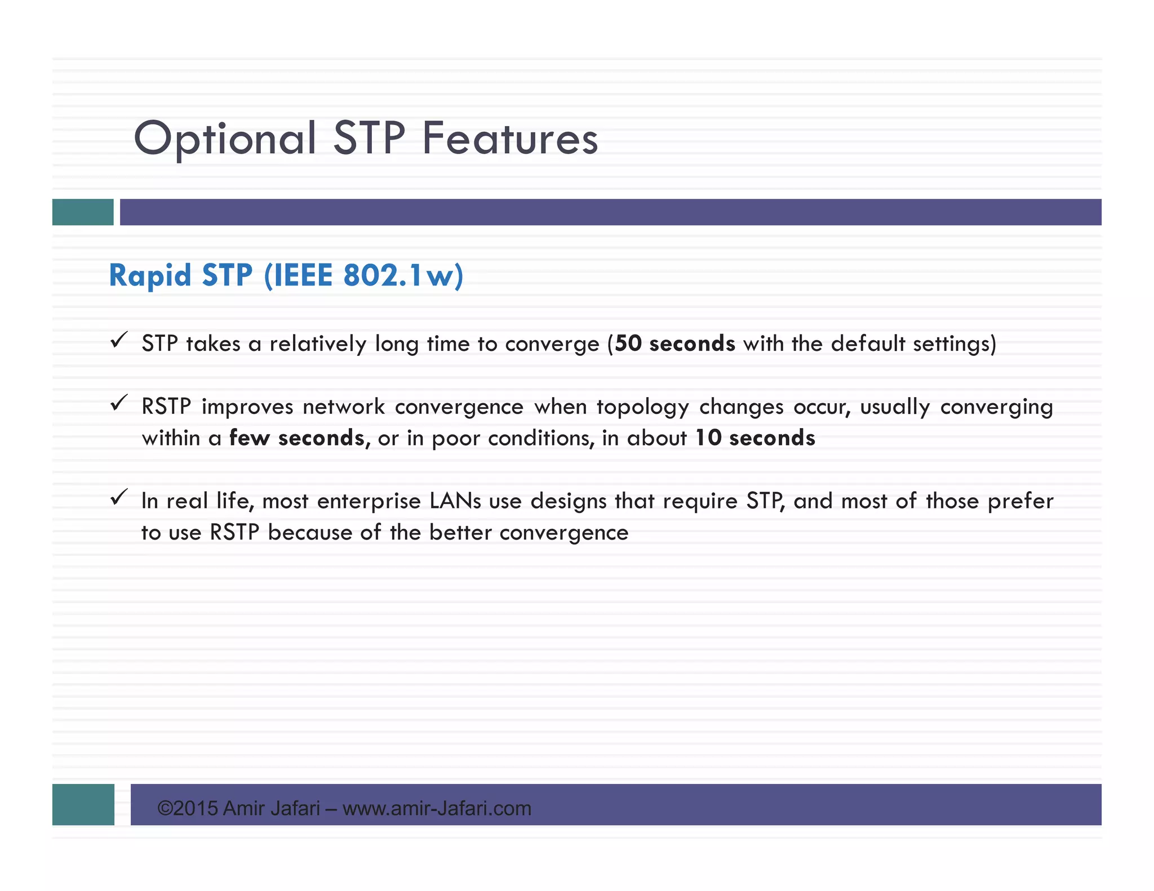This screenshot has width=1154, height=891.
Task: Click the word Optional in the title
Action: pos(224,139)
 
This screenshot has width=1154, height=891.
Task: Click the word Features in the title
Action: pos(510,139)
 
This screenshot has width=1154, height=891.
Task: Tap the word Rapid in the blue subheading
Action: pos(150,276)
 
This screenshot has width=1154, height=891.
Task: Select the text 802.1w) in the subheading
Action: pos(403,276)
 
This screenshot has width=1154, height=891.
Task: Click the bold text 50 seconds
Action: pos(674,344)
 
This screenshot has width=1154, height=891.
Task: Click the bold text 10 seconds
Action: pos(755,438)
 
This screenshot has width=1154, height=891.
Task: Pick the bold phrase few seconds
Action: pos(296,438)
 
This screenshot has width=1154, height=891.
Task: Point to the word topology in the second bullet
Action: pos(642,407)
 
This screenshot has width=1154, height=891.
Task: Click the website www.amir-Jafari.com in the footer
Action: pos(437,809)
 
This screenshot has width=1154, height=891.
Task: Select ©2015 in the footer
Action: pos(188,809)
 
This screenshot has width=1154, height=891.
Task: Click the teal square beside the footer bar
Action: pos(83,804)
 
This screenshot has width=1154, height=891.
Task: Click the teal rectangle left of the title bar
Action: pos(83,212)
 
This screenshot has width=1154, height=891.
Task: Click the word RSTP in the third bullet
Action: pos(234,533)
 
